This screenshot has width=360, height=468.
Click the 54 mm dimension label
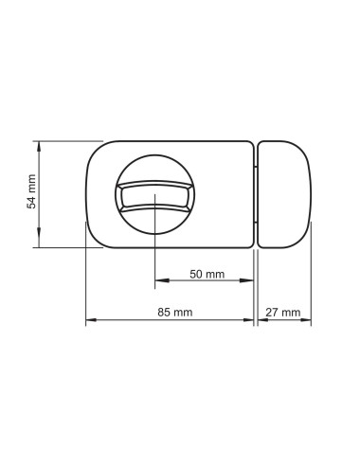tap(31, 191)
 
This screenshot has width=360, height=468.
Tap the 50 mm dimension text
tap(207, 274)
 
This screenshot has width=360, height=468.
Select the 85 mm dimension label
tap(175, 313)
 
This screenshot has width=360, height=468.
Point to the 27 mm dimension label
tap(283, 313)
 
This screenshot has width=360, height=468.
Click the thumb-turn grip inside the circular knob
tap(154, 195)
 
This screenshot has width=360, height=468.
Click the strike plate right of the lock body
tap(284, 194)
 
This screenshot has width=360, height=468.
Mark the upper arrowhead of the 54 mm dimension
tap(39, 146)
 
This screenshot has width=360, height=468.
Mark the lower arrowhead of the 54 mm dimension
tap(39, 243)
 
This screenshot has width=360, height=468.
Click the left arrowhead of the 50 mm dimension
tap(160, 280)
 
